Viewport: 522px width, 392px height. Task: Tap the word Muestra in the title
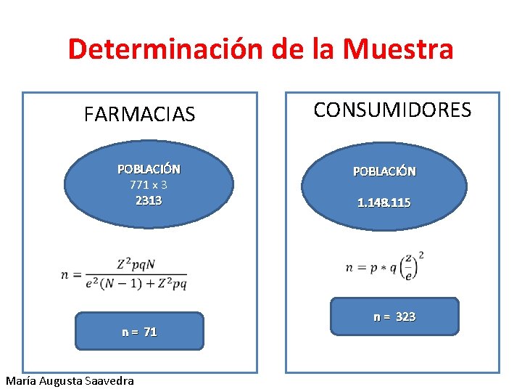pos(399,49)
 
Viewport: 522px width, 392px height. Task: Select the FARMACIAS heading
pos(139,115)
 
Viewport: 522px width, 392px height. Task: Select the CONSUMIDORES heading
pos(392,110)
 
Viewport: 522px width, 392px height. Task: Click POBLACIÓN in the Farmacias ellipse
pos(149,169)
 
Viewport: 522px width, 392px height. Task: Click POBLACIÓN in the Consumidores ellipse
pos(384,171)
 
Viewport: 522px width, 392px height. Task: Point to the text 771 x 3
pos(149,184)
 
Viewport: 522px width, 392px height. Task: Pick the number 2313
pos(149,200)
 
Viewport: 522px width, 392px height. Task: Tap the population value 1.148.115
pos(384,203)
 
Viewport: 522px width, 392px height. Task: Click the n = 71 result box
pos(139,331)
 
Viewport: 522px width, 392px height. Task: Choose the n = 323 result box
pos(394,317)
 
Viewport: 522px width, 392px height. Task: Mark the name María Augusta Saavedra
pos(70,380)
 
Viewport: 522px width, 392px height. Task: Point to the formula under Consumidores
pos(385,267)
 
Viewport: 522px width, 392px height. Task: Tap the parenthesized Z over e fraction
pos(410,267)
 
